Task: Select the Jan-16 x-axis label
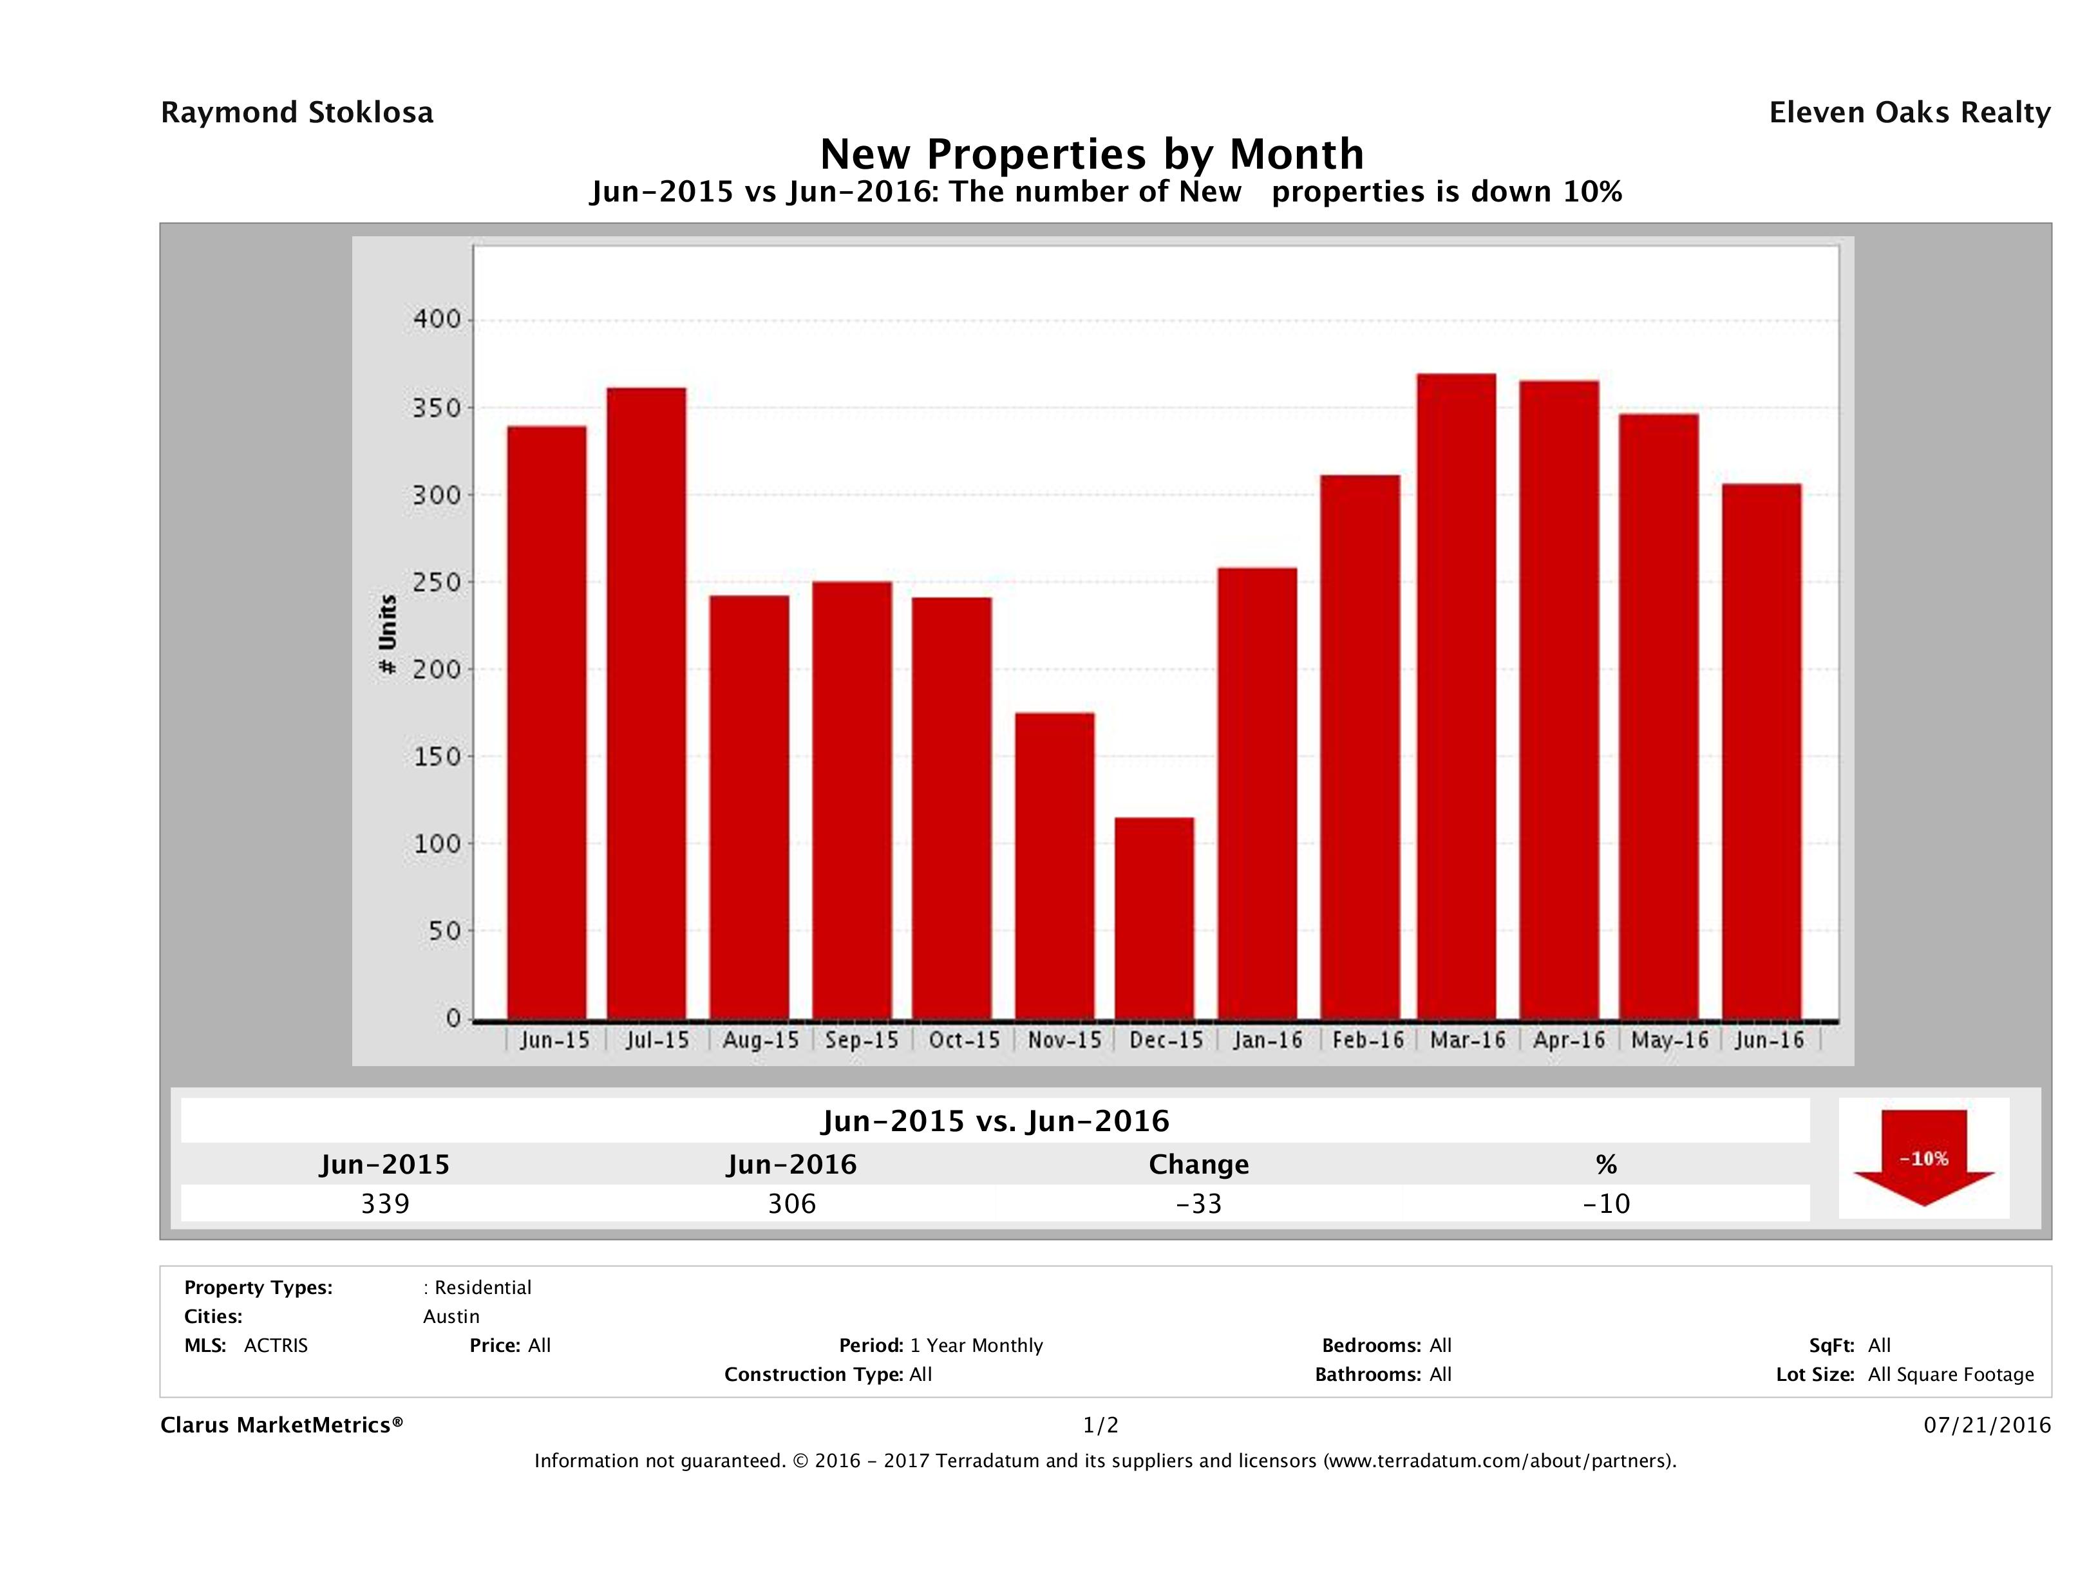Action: pos(1268,1040)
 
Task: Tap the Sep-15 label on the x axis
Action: pos(862,1040)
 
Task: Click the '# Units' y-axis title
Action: pos(387,635)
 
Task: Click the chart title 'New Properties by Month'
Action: pos(1091,154)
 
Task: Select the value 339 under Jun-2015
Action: pos(385,1204)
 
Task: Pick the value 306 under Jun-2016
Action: pos(792,1204)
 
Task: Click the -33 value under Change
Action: pos(1199,1204)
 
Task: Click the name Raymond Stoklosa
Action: pos(297,113)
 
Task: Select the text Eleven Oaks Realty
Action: pos(1909,113)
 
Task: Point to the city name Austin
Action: pos(451,1317)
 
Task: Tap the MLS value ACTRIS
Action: pos(275,1346)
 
